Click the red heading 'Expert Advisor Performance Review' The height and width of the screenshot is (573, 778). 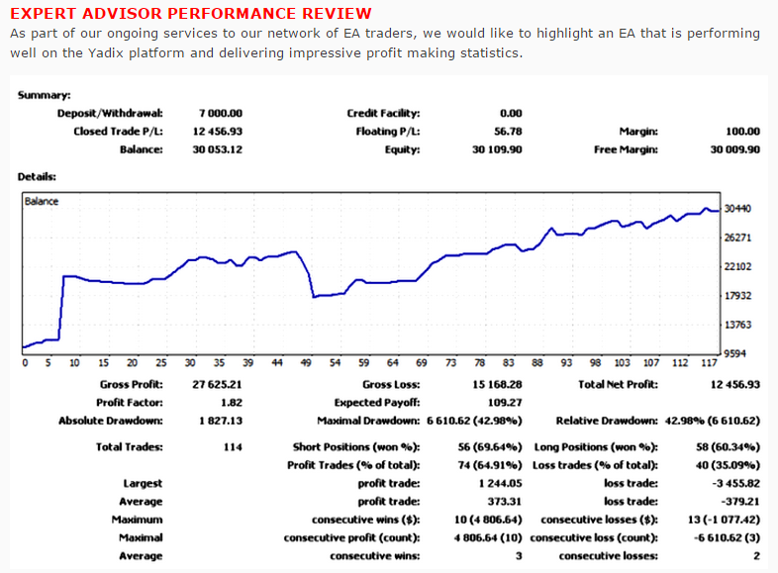(x=190, y=13)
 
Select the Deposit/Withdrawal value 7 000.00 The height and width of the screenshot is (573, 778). (x=221, y=113)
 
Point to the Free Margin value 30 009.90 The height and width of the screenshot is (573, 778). (x=734, y=149)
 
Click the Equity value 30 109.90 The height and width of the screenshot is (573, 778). (x=497, y=149)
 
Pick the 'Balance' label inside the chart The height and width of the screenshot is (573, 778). (x=42, y=202)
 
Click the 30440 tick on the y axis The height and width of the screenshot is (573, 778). (x=737, y=209)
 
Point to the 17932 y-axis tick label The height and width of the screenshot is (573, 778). (x=737, y=296)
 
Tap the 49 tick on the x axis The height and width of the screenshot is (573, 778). (x=306, y=363)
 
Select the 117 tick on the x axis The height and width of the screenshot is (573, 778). (x=709, y=363)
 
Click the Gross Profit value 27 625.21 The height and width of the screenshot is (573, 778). (x=218, y=385)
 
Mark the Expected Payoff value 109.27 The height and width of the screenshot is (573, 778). (x=505, y=403)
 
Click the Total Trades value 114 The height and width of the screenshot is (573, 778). (x=233, y=447)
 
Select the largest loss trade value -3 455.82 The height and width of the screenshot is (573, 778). (x=735, y=483)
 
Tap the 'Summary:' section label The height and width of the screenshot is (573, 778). (x=45, y=95)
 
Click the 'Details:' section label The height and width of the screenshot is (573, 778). (x=37, y=176)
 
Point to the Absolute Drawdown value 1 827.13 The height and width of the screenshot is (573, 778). (x=221, y=421)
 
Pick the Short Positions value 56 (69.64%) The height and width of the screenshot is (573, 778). (x=490, y=447)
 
